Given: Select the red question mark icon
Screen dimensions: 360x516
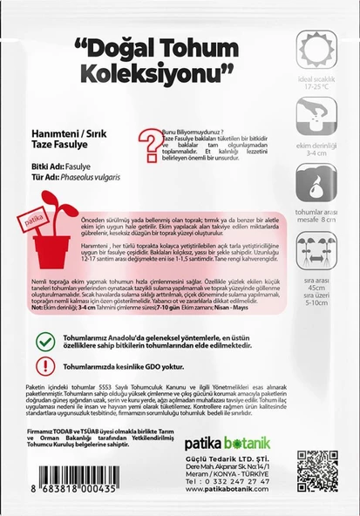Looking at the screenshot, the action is [147, 138].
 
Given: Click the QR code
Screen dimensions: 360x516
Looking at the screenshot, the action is [315, 471].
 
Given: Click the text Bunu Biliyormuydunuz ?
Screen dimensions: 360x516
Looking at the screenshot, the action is [191, 126].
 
